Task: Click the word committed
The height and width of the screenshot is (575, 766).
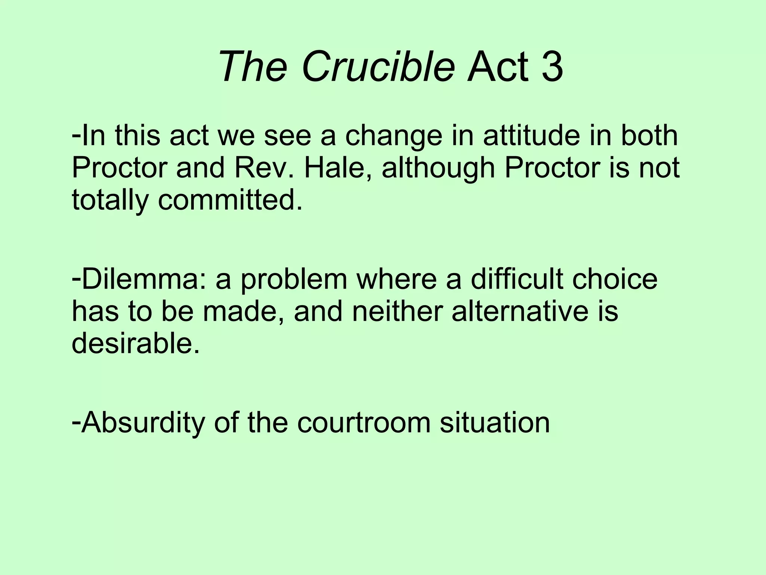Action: tap(230, 200)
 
